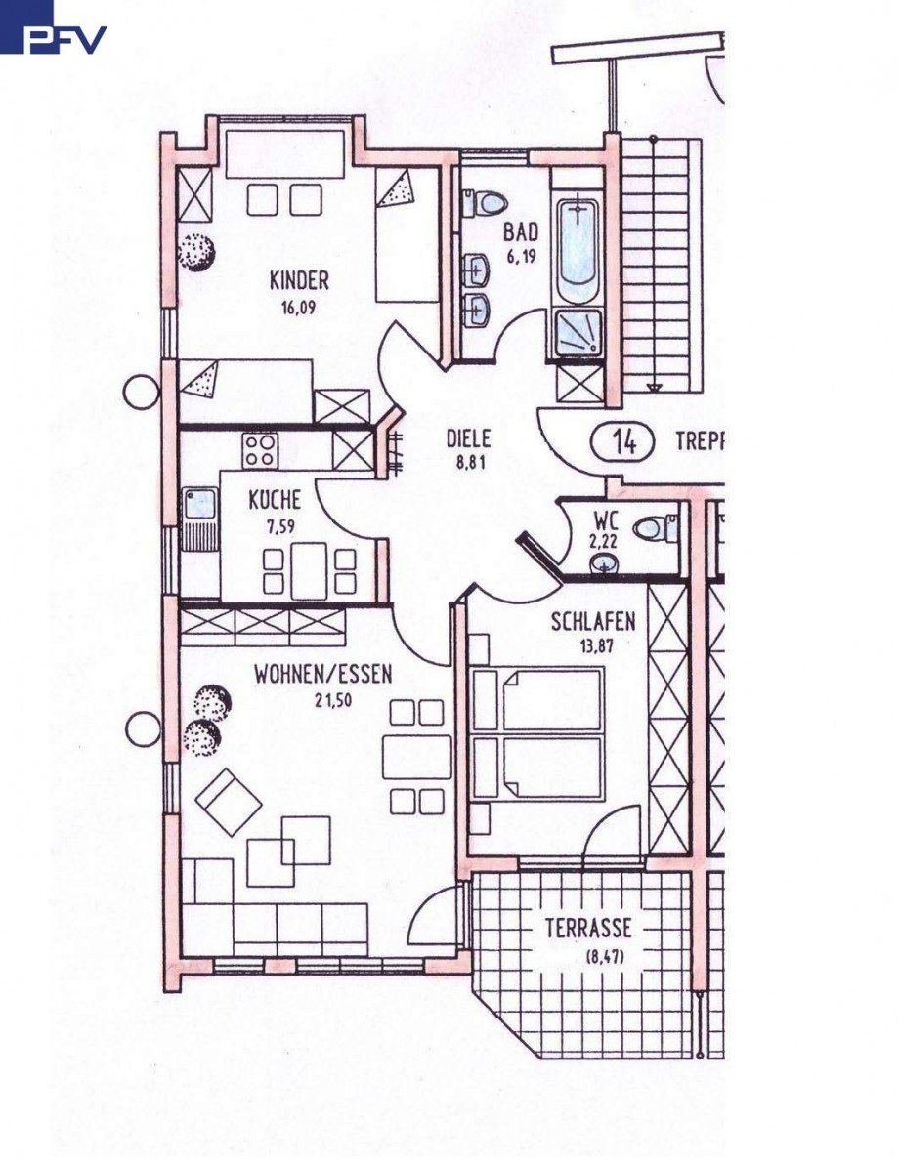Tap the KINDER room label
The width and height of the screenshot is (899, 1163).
[x=299, y=281]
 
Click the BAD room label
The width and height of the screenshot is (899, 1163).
[x=521, y=232]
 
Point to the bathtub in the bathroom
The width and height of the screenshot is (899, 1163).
[x=578, y=250]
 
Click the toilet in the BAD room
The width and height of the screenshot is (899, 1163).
[x=485, y=203]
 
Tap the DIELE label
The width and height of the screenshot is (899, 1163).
[x=468, y=439]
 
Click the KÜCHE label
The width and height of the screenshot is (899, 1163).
[x=275, y=502]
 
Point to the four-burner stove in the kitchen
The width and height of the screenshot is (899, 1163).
[x=260, y=450]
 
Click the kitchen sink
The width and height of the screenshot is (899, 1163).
[x=200, y=506]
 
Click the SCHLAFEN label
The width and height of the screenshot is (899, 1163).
[x=593, y=621]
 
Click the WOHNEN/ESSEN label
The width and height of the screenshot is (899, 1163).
[x=322, y=674]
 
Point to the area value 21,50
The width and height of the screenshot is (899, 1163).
[x=322, y=700]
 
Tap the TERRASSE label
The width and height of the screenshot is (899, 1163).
[x=588, y=928]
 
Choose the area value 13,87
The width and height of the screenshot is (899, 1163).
[x=593, y=645]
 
